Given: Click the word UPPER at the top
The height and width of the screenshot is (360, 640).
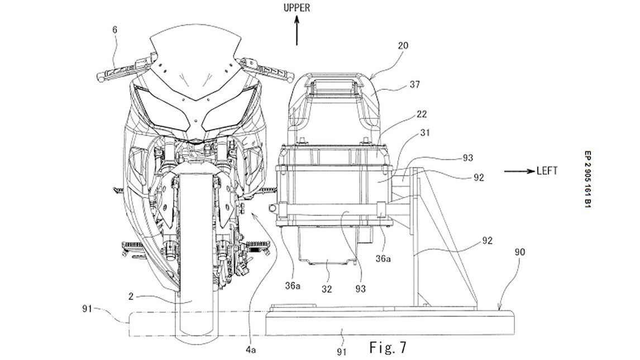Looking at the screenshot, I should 297,7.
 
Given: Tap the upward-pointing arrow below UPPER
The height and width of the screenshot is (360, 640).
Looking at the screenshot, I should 297,31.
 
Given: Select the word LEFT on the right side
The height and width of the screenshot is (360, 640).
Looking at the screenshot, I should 547,171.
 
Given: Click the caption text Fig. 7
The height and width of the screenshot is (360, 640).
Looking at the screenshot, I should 388,347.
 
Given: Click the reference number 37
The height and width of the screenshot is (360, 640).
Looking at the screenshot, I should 415,85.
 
